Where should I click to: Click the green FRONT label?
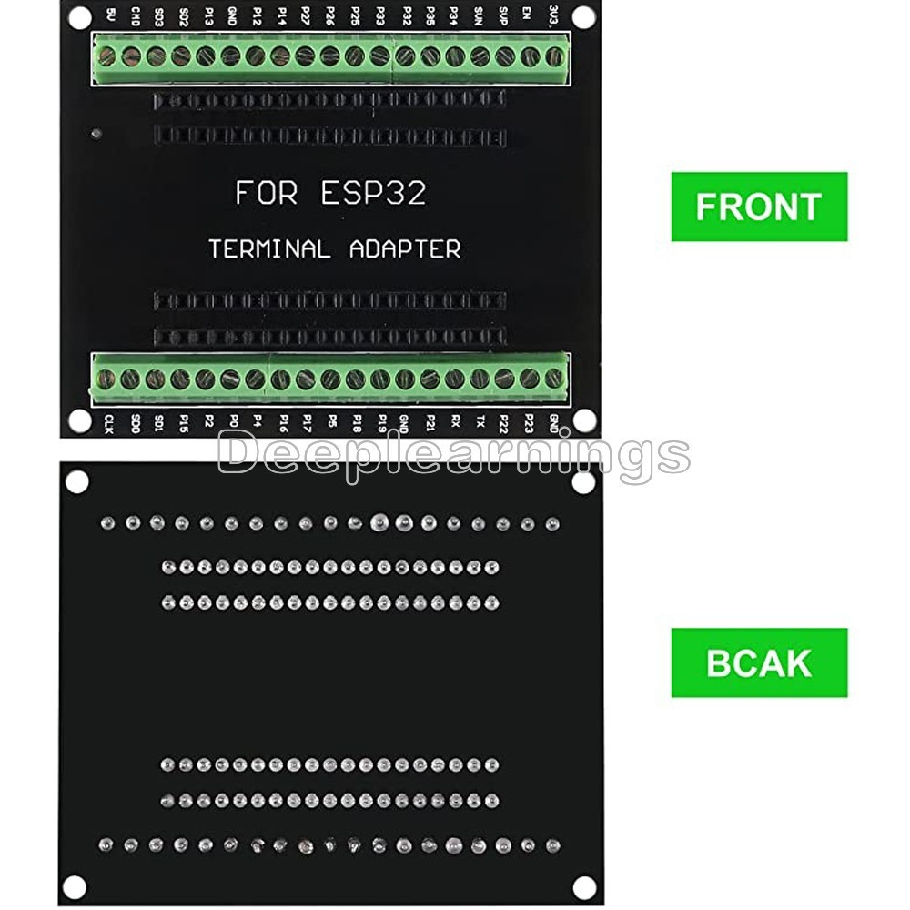(x=759, y=207)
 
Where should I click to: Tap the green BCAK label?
(x=759, y=662)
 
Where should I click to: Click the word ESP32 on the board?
(x=373, y=193)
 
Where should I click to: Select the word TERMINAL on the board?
(x=269, y=248)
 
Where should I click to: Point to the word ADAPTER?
(x=406, y=248)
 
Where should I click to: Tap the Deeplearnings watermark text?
(x=453, y=453)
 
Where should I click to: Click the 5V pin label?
(x=110, y=15)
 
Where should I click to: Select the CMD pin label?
(x=135, y=15)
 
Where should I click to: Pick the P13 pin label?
(x=208, y=15)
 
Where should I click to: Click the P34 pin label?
(x=452, y=15)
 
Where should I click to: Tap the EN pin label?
(x=526, y=15)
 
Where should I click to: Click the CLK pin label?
(x=109, y=423)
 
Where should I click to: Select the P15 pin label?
(x=183, y=423)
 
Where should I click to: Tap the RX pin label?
(x=454, y=423)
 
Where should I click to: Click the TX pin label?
(x=480, y=423)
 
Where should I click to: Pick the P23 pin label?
(x=529, y=423)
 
